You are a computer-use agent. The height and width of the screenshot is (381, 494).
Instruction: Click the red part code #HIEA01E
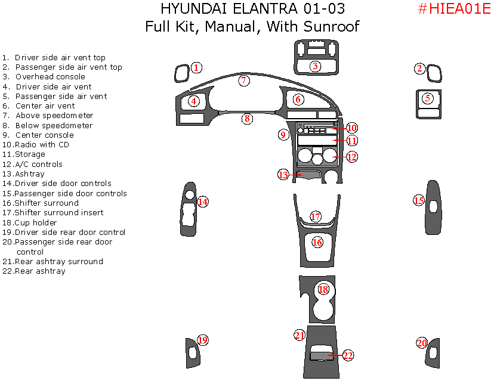point(453,9)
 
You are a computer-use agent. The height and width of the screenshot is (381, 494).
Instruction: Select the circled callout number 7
point(243,80)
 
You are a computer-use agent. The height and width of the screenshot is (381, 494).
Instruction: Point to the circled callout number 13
point(283,175)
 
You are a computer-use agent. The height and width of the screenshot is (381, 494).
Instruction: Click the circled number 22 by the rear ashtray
point(348,355)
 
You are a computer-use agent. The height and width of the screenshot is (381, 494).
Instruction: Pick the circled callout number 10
point(351,128)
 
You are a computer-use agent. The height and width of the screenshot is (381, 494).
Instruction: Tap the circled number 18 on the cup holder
point(323,289)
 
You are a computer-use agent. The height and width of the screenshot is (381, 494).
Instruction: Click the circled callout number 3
point(315,66)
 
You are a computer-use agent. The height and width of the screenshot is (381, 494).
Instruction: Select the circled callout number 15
point(419,200)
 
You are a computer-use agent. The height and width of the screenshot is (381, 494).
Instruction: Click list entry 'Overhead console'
point(50,77)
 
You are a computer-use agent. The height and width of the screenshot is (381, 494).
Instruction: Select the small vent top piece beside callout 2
point(436,74)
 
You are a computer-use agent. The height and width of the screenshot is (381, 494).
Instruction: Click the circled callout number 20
point(422,343)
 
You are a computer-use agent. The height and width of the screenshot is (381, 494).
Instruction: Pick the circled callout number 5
point(427,98)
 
